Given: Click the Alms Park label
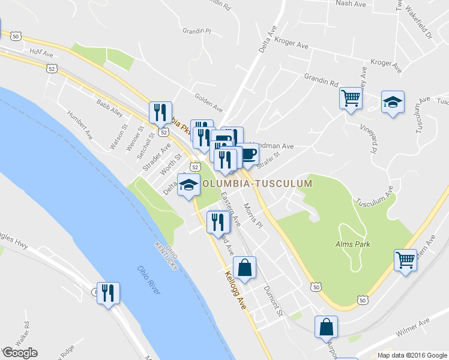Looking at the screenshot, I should click(353, 244).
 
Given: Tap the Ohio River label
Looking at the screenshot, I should click(148, 280).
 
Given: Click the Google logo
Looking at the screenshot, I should click(20, 352).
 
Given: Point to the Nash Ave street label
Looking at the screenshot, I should click(351, 4).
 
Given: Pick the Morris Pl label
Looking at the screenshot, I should click(254, 215).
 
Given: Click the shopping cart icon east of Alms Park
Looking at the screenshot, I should click(406, 260).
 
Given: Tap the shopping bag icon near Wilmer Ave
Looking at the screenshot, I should click(326, 327).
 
